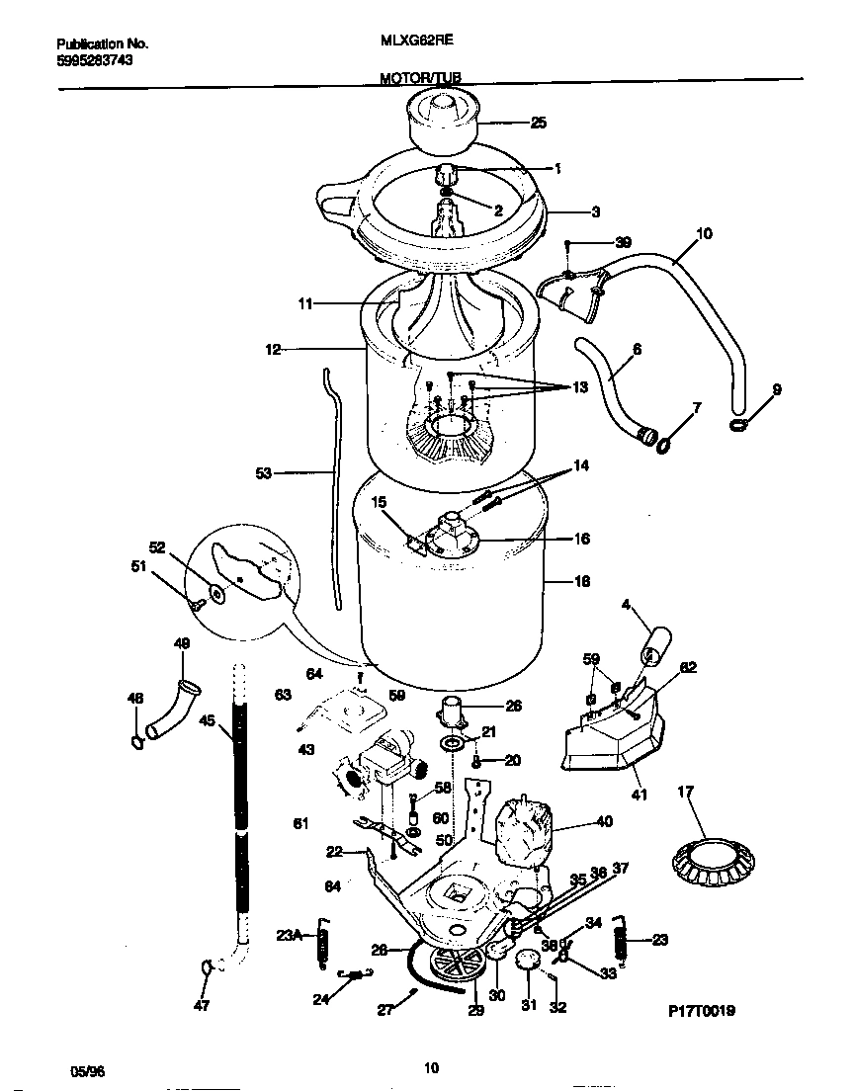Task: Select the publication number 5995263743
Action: [x=95, y=59]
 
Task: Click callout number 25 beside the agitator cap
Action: [x=538, y=124]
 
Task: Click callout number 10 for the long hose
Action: [x=704, y=234]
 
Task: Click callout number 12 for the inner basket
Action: [x=274, y=349]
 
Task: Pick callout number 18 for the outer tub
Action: [x=581, y=582]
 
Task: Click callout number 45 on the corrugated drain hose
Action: [x=207, y=720]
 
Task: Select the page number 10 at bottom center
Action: [x=430, y=1067]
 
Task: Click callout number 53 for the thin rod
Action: [x=263, y=473]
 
